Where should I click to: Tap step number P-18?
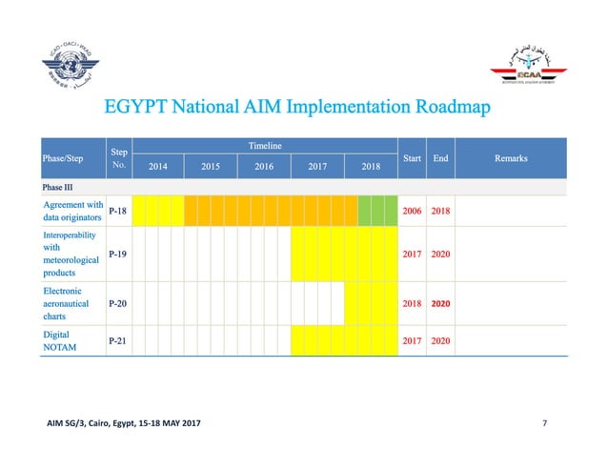[119, 210]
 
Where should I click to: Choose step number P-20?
[119, 304]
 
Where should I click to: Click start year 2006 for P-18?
[413, 210]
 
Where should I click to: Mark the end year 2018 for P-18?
[441, 210]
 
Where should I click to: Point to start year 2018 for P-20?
[413, 304]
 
